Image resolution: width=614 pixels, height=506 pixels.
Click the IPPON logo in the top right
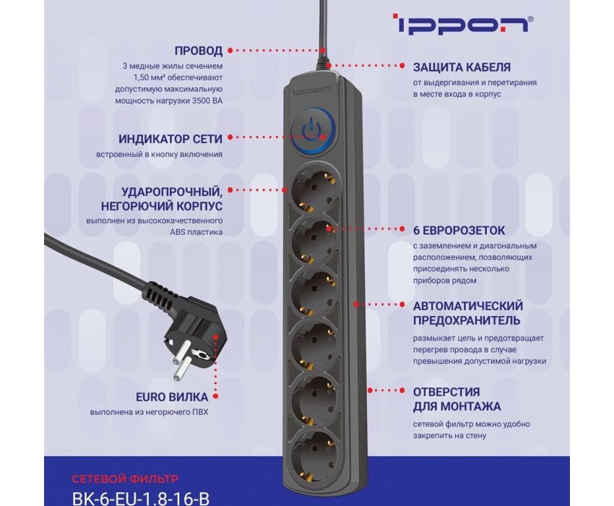[462, 25]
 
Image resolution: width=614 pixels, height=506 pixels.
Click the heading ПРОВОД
[199, 51]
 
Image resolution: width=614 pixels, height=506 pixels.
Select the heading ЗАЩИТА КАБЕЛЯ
[462, 67]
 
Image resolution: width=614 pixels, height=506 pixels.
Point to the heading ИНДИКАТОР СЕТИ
[170, 139]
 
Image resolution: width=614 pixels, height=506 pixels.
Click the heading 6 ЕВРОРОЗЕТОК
[459, 231]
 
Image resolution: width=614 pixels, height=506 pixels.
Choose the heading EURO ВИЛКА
[172, 397]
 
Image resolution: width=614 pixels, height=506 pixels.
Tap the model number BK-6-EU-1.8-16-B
[141, 497]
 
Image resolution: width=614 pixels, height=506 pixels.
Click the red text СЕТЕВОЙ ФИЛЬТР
[125, 479]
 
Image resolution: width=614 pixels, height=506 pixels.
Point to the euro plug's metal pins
[183, 361]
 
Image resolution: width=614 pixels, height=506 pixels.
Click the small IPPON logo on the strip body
[313, 90]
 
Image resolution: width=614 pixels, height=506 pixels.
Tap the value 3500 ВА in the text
[207, 100]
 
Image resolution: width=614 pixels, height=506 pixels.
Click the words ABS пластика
[196, 232]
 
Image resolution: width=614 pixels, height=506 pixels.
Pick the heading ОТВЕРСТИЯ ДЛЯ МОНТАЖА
[457, 399]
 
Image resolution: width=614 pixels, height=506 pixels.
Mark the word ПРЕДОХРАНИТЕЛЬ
[467, 320]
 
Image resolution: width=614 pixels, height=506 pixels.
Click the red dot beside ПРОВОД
[230, 51]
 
